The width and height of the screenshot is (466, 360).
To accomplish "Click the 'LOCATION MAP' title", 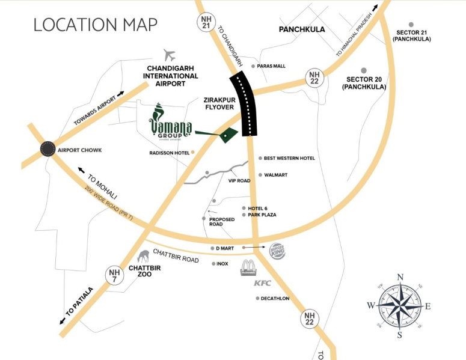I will click(x=95, y=25).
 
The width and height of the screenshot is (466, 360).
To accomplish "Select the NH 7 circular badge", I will click(x=115, y=275).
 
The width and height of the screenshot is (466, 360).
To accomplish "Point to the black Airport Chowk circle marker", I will click(x=48, y=150).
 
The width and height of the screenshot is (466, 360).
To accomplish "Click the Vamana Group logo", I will click(x=170, y=124).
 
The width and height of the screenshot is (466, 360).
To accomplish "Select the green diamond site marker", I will click(x=227, y=136).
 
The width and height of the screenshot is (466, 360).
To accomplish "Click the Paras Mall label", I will click(x=271, y=66).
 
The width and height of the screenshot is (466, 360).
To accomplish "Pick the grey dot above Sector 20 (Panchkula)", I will click(x=363, y=70).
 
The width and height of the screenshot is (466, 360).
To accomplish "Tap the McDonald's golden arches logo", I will click(x=248, y=268).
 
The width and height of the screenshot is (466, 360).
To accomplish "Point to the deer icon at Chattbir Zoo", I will click(x=144, y=257).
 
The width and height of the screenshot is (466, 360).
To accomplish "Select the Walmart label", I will click(x=275, y=175).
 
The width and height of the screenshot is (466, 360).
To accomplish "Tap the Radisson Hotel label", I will click(x=169, y=153).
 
